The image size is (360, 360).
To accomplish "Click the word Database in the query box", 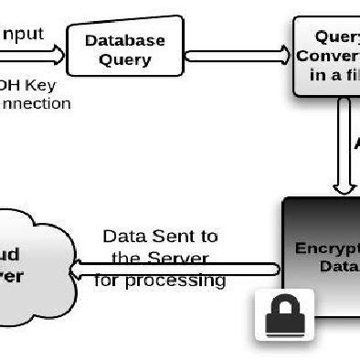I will coord(125,40).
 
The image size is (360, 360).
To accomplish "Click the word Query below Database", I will coord(125,60).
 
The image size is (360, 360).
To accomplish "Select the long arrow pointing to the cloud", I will coord(174,268).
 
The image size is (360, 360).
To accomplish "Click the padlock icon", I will coord(283,315).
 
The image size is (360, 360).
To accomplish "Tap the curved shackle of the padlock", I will coord(283,303).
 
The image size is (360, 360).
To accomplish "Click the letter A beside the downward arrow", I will coord(356,144).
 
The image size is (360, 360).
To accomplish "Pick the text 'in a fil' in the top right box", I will coord(334,75).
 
